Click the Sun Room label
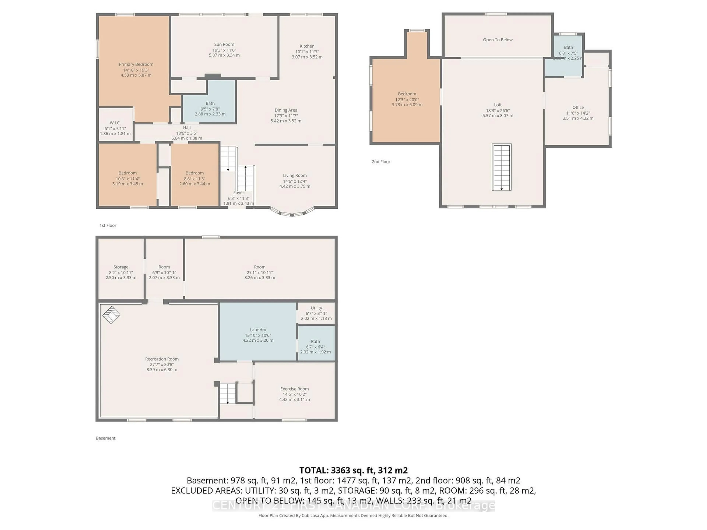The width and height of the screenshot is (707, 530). point(224,44)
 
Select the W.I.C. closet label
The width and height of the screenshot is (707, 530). point(115,123)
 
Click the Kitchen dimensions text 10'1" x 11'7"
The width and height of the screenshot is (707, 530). point(307,51)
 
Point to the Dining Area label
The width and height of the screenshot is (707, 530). point(286,110)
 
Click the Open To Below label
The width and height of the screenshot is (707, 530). point(498,40)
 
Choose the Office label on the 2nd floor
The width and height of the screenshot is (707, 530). point(578,107)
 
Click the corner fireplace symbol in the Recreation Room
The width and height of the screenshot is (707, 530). point(111,315)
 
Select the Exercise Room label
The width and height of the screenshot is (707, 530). point(294,389)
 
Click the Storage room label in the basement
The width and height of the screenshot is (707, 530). point(121,267)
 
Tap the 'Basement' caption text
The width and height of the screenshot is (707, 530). point(105,438)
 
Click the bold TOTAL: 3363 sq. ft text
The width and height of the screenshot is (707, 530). point(353,470)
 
